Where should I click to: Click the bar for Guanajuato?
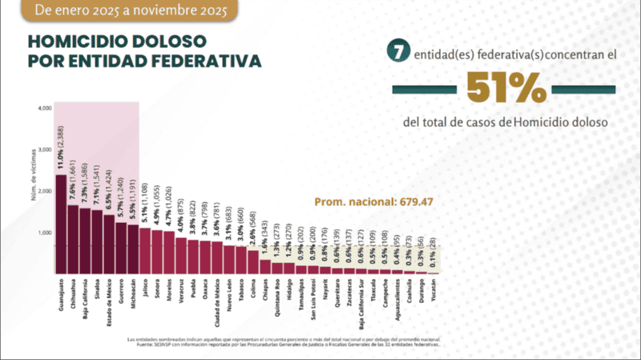61,224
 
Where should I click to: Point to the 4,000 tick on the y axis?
44,107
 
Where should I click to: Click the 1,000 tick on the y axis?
44,233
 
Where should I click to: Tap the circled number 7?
394,51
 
